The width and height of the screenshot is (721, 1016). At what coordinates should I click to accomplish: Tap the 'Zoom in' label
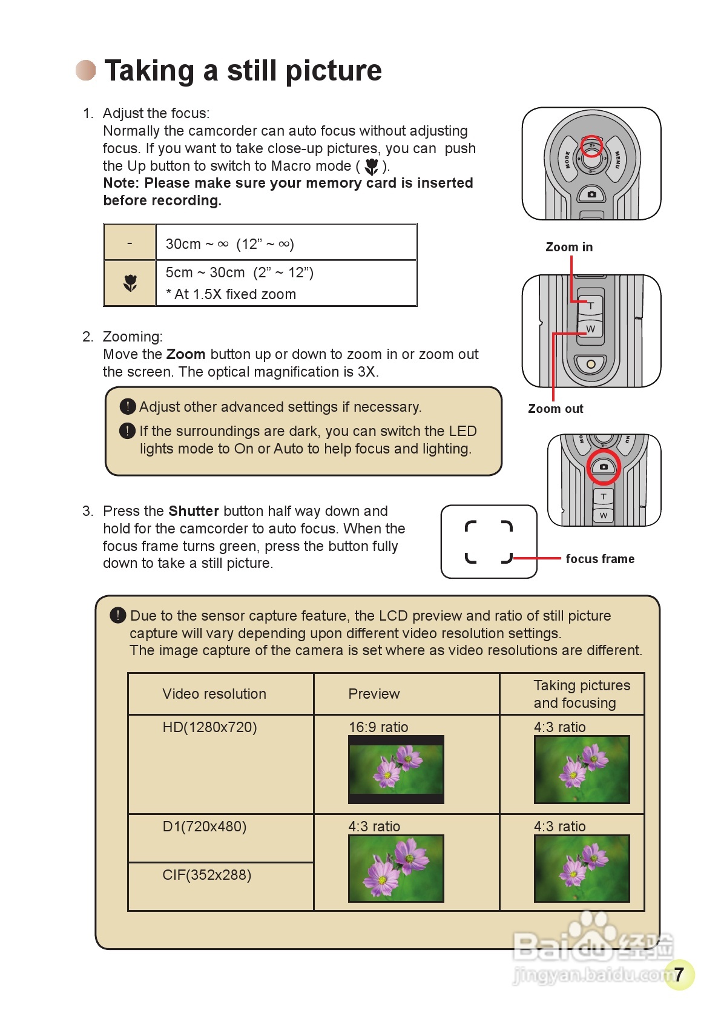pos(569,247)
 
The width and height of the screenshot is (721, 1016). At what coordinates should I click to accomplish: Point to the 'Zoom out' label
pos(555,409)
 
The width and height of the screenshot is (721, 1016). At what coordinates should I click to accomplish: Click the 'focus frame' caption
pos(600,559)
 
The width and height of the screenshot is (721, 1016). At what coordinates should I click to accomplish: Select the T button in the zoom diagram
pos(591,306)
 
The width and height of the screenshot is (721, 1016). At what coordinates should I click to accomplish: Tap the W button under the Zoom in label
pos(591,329)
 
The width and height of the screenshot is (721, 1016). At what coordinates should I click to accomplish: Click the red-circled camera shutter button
pos(604,467)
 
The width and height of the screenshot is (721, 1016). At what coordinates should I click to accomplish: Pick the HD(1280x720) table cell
pos(209,727)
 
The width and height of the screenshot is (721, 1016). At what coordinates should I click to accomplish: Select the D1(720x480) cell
pos(205,826)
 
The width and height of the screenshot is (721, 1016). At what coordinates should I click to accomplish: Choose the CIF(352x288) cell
pos(206,875)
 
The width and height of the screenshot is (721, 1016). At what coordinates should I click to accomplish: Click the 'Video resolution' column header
pos(214,694)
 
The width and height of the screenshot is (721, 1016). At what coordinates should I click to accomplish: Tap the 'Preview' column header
pos(374,694)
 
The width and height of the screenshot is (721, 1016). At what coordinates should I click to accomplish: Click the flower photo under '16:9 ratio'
pos(396,770)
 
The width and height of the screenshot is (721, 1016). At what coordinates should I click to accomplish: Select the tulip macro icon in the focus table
pos(130,283)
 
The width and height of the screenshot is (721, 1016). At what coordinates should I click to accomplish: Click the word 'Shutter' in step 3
pos(194,511)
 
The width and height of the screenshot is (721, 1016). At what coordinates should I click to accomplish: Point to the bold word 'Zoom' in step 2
pos(186,354)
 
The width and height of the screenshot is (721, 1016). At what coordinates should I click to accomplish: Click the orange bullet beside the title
pos(86,70)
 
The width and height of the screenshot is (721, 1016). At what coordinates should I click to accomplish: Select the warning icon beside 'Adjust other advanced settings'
pos(128,406)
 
